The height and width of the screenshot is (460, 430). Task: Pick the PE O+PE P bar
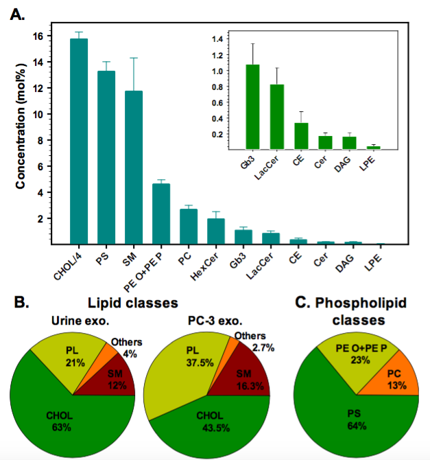(160, 213)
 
